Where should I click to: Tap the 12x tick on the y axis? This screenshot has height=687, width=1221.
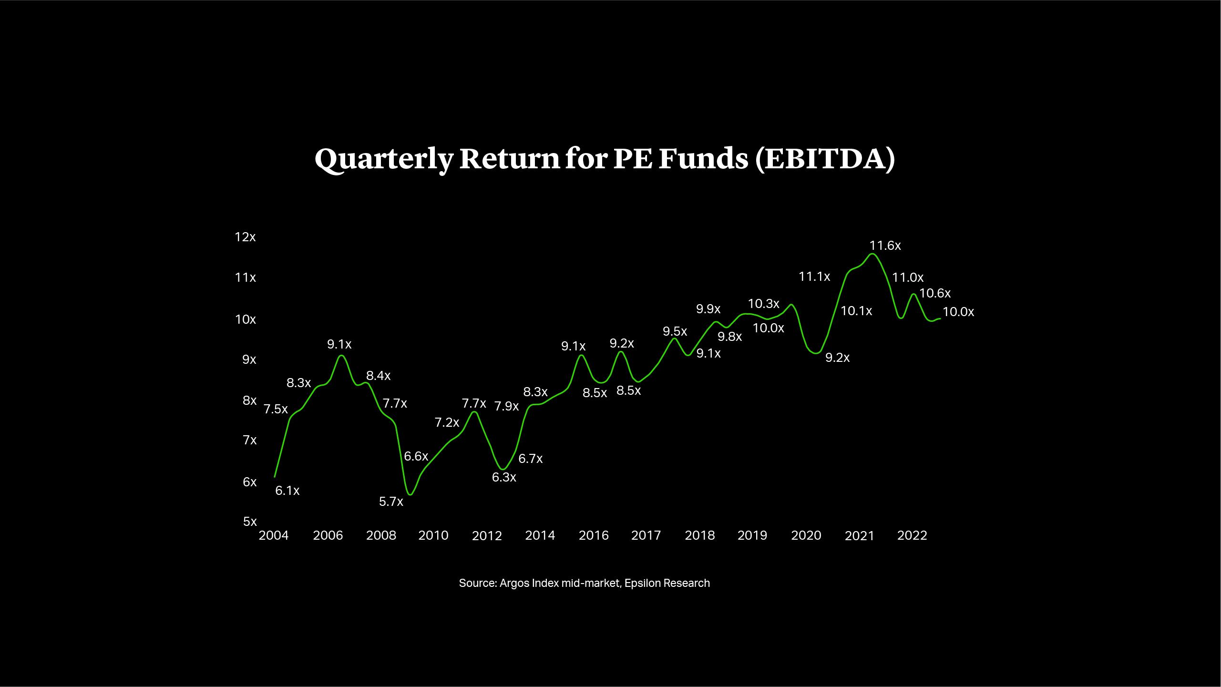[x=245, y=237]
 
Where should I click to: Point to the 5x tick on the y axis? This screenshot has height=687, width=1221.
[x=250, y=521]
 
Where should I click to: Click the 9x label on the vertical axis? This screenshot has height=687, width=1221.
[x=249, y=359]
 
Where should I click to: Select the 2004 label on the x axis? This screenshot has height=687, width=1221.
[x=274, y=535]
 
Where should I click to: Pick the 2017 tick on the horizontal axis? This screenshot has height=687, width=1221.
[x=646, y=535]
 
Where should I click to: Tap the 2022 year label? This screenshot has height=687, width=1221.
[x=912, y=535]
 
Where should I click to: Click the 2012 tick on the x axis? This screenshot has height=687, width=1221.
[x=487, y=536]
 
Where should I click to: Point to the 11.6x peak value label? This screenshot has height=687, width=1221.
[x=885, y=246]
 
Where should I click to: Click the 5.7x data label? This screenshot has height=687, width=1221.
[x=391, y=502]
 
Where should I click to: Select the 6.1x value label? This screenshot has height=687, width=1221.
[x=287, y=491]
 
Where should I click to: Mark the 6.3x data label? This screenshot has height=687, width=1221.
[x=504, y=477]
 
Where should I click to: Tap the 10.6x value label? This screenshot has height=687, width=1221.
[x=935, y=293]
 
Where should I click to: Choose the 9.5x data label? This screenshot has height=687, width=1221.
[x=675, y=331]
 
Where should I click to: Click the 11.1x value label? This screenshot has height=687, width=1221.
[x=814, y=277]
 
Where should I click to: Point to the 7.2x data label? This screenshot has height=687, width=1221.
[x=447, y=422]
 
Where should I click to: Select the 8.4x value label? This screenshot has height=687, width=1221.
[x=379, y=376]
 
